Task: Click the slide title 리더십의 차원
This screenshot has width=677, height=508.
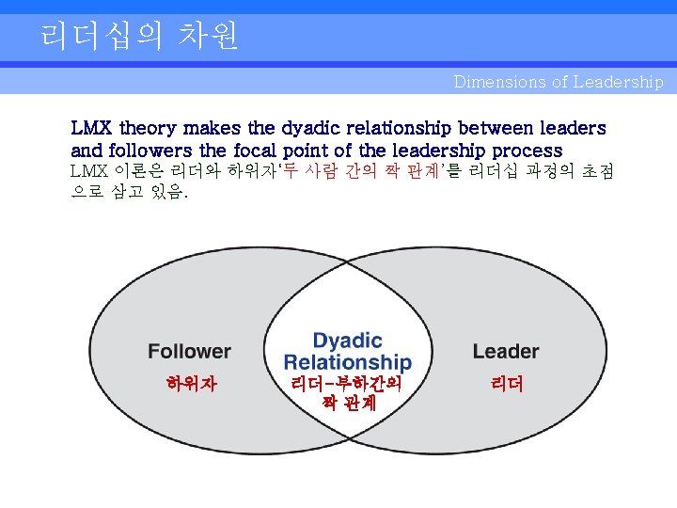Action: tap(139, 36)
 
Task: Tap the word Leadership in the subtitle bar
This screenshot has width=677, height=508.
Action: tap(618, 82)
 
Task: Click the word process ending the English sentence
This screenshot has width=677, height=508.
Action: tap(527, 151)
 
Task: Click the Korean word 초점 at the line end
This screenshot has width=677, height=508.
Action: tap(591, 172)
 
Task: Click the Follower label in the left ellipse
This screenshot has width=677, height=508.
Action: tap(189, 352)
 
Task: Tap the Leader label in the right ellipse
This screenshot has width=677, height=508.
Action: tap(506, 352)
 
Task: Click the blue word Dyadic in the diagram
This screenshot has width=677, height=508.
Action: tap(347, 341)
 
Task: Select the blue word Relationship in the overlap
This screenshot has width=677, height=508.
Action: tap(347, 362)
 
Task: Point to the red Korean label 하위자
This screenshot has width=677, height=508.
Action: tap(191, 384)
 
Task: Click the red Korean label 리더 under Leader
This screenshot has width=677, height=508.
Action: tap(506, 384)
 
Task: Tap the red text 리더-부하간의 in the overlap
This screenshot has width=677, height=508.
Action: tap(347, 384)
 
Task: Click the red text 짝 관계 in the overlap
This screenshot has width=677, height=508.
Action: tap(348, 403)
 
